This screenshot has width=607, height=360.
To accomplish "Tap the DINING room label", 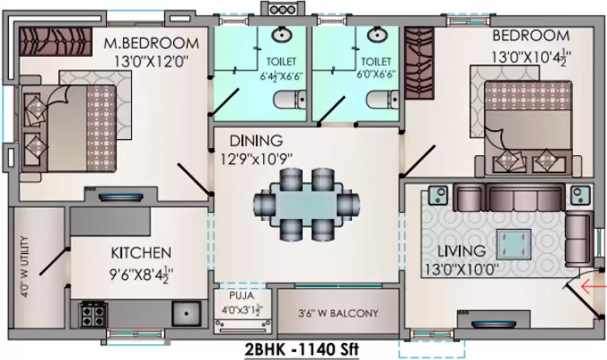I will point(256,140).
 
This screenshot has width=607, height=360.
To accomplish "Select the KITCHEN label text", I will point(141,253).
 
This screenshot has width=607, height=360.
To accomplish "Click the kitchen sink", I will point(186,314).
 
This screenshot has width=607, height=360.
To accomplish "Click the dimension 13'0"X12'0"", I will point(151,60).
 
